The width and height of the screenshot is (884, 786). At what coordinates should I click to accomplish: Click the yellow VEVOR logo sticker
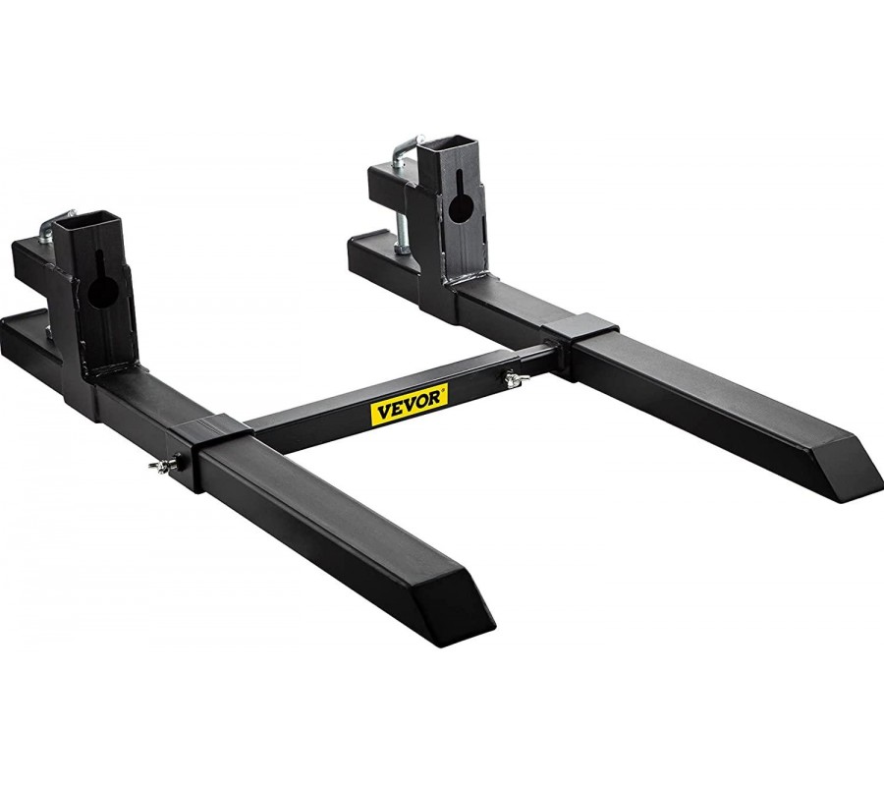point(410,402)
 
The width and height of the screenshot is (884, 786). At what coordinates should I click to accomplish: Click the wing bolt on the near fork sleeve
point(165,465)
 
